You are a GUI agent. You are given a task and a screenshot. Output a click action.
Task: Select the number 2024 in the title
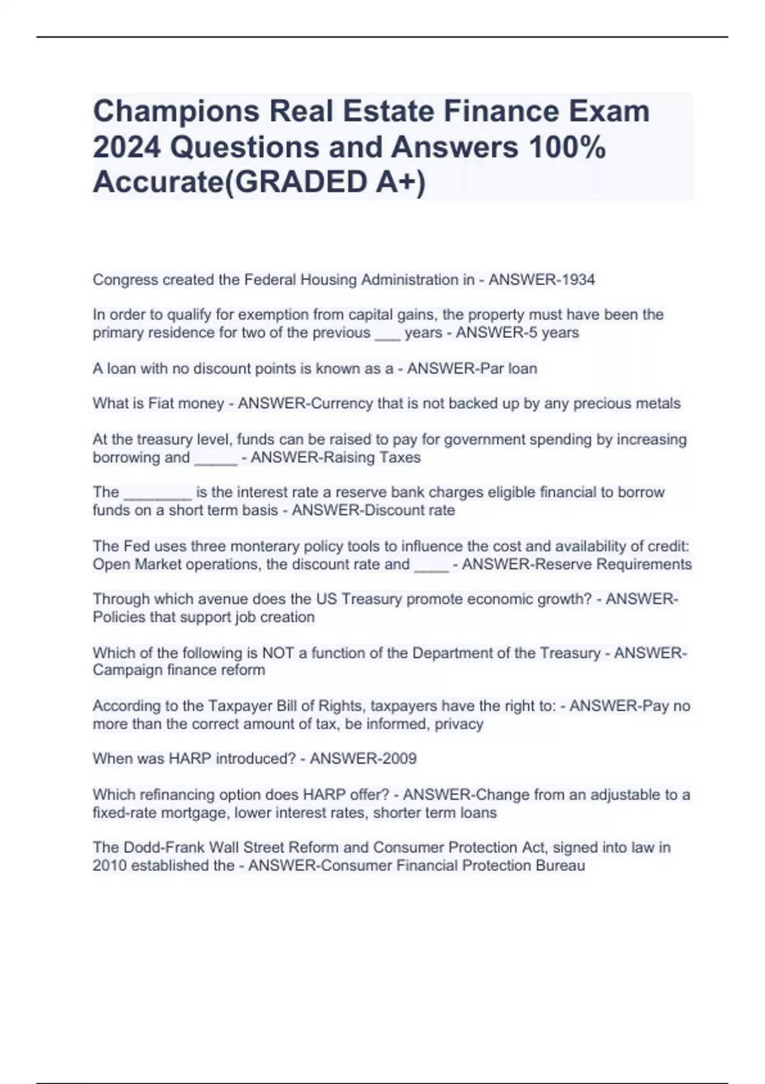(127, 147)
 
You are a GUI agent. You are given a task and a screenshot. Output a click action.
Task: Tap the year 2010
(110, 865)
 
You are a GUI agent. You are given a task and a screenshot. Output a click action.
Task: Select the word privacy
(459, 724)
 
